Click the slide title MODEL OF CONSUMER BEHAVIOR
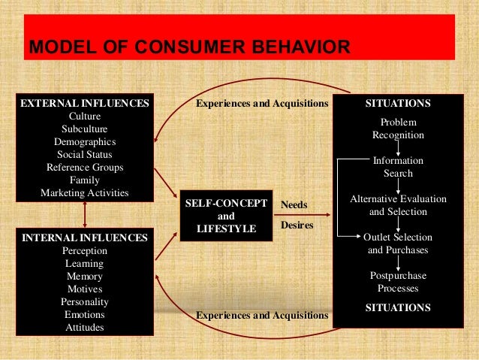188,49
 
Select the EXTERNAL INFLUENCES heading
84,103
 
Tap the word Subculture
84,129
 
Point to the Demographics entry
84,141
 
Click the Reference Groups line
84,167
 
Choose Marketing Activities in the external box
84,192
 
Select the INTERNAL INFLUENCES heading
84,237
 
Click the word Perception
84,250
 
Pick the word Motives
84,289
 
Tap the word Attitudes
84,328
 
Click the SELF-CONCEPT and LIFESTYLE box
226,216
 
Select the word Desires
297,224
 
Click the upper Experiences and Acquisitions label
262,103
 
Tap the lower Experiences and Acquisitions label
262,315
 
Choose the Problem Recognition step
398,129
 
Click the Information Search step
398,167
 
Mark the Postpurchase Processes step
398,282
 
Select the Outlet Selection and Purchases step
398,244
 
